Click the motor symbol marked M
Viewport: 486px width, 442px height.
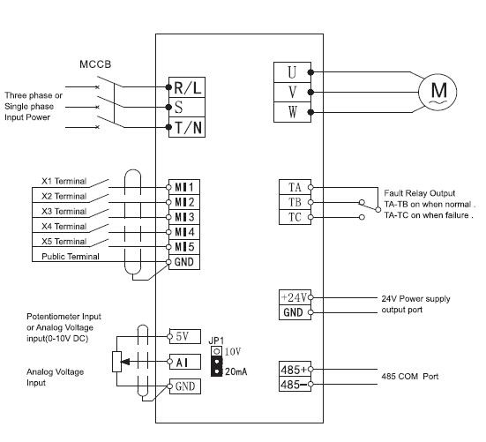437,92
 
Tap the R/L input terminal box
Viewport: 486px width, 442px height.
187,87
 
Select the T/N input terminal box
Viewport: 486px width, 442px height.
187,127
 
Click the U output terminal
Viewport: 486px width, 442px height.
292,72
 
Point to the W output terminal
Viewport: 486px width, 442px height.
292,112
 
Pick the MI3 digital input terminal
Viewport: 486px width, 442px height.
184,217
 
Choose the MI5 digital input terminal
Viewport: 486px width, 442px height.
184,247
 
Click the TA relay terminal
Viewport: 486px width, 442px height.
295,187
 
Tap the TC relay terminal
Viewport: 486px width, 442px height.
295,217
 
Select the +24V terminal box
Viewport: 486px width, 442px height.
295,297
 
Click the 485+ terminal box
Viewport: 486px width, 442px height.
295,369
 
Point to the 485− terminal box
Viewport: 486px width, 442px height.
295,384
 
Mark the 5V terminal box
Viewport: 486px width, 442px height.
185,336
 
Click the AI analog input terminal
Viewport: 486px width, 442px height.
185,362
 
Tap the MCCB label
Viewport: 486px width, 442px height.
95,64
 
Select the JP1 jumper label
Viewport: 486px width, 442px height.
216,341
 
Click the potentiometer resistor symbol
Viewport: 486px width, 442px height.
116,362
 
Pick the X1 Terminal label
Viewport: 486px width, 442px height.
64,181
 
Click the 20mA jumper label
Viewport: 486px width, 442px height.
236,371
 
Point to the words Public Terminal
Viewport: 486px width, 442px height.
71,257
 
